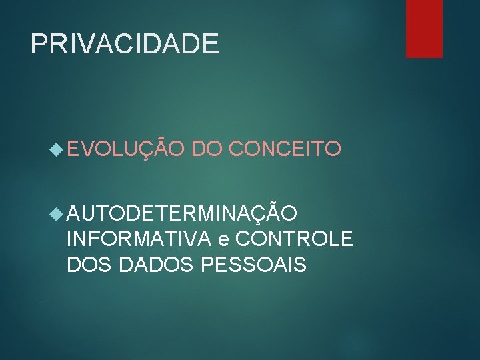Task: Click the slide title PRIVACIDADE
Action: [x=125, y=44]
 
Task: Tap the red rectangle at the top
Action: [x=425, y=28]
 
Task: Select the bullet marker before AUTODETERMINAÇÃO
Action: [x=58, y=214]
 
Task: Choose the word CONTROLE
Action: [x=294, y=239]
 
